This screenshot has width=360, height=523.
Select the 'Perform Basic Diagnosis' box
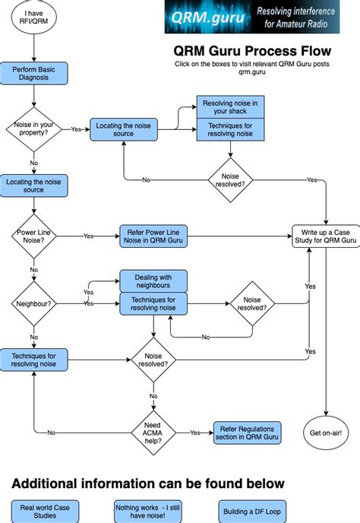33,74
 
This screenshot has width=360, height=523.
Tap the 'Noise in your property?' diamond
33,129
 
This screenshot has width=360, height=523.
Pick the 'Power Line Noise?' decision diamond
33,236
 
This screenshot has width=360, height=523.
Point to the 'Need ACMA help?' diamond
153,432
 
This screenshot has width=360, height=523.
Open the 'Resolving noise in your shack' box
231,107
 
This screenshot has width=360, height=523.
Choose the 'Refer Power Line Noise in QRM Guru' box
153,236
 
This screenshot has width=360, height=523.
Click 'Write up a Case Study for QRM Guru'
325,236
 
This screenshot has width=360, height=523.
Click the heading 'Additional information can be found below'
148,483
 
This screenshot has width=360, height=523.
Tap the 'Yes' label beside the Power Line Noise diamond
89,236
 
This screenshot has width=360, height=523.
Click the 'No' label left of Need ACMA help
52,433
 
